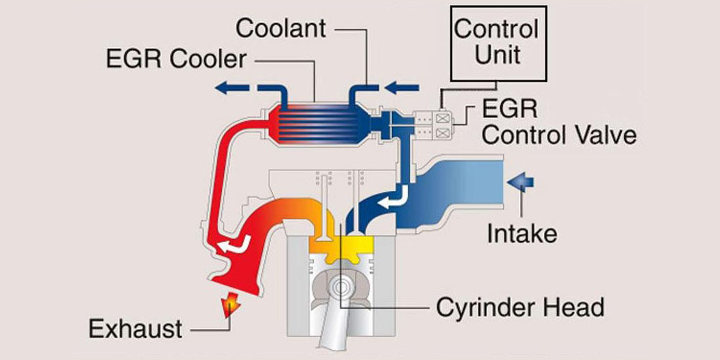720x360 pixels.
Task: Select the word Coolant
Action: click(281, 28)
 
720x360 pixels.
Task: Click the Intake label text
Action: click(521, 233)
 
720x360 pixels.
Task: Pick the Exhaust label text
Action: click(135, 329)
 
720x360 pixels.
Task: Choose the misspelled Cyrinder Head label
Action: click(520, 307)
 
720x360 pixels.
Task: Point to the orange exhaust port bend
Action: click(283, 212)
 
